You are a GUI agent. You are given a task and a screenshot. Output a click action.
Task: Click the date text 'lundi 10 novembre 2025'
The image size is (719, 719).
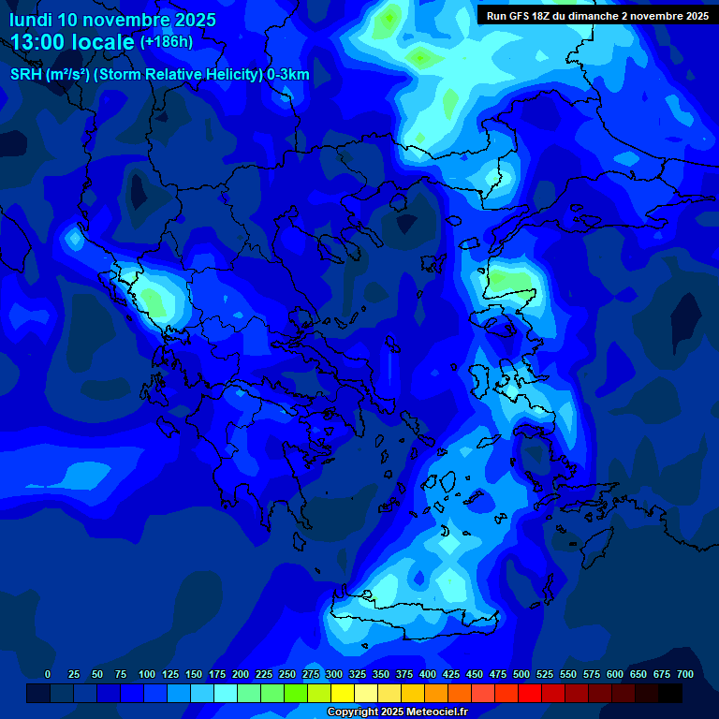pyautogui.click(x=112, y=20)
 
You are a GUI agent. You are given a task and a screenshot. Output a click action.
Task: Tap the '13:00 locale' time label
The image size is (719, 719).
pyautogui.click(x=73, y=42)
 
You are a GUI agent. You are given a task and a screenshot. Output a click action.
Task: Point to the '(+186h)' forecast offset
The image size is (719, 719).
pyautogui.click(x=166, y=42)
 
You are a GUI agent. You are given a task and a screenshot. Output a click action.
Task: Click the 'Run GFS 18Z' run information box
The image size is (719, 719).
pyautogui.click(x=596, y=16)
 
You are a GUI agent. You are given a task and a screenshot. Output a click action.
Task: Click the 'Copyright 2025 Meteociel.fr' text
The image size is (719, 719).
pyautogui.click(x=397, y=712)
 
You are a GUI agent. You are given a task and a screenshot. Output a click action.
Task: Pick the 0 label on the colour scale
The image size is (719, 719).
pyautogui.click(x=48, y=674)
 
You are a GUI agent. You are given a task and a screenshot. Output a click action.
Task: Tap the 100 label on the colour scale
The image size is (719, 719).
pyautogui.click(x=147, y=674)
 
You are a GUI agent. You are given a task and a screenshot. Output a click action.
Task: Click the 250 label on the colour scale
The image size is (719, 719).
pyautogui.click(x=287, y=674)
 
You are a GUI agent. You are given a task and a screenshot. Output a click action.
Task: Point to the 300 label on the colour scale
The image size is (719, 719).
pyautogui.click(x=334, y=674)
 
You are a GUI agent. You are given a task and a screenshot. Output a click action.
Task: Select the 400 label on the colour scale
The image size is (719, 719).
pyautogui.click(x=428, y=674)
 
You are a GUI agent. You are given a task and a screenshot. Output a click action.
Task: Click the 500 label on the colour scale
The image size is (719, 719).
pyautogui.click(x=521, y=674)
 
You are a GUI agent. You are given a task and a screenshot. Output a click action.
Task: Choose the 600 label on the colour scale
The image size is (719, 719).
pyautogui.click(x=615, y=674)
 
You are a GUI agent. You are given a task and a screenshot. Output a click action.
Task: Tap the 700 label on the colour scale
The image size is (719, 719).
pyautogui.click(x=685, y=674)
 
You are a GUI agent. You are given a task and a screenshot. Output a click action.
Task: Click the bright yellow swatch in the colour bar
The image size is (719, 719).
pyautogui.click(x=343, y=693)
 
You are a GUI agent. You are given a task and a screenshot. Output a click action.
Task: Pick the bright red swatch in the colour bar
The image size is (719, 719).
pyautogui.click(x=530, y=693)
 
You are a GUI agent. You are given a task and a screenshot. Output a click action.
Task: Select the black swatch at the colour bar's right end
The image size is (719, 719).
pyautogui.click(x=670, y=693)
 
